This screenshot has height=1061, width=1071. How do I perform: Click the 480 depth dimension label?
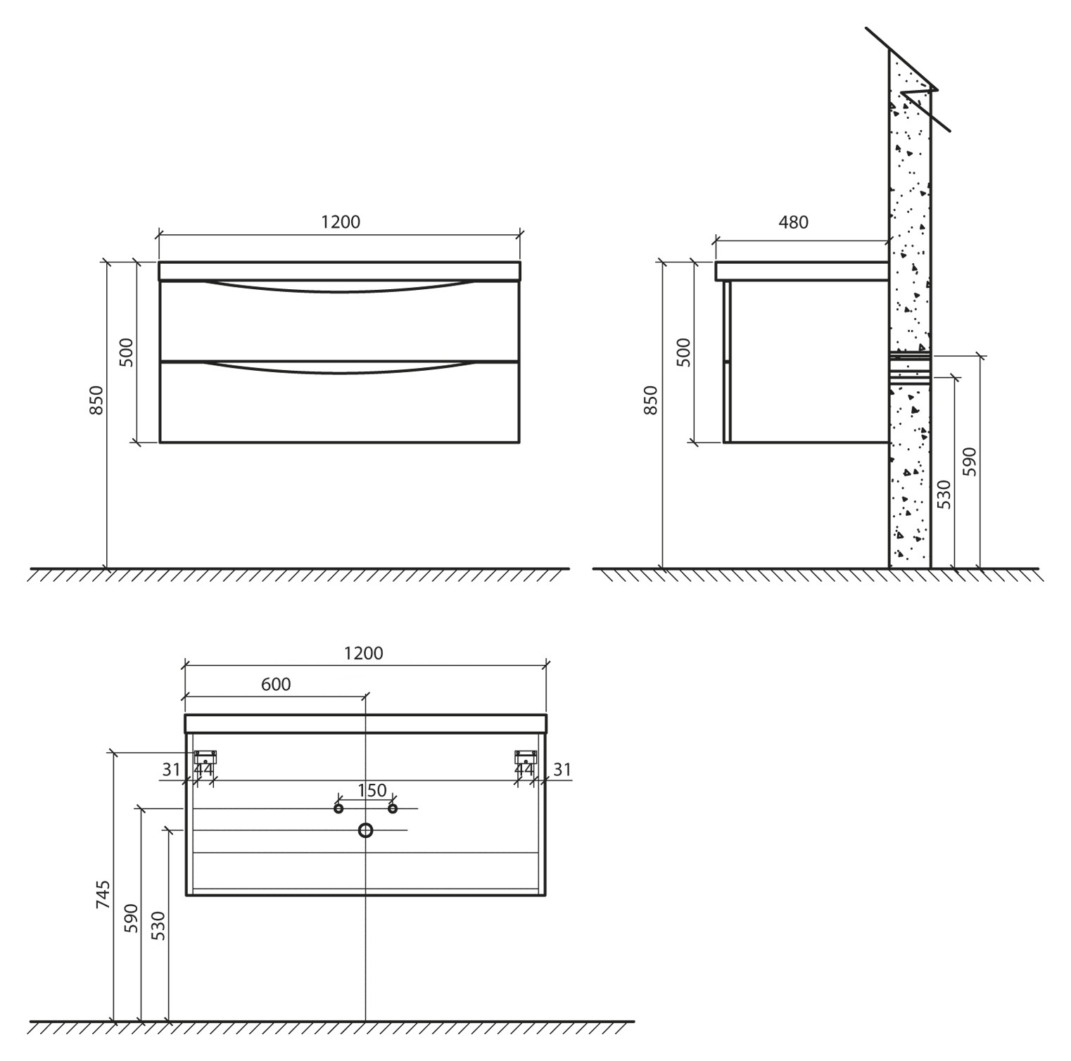pos(793,222)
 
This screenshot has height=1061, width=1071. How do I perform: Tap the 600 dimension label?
pos(276,684)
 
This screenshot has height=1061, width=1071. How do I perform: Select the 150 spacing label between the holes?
pos(372,790)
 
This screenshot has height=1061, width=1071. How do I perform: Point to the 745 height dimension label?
pos(103,894)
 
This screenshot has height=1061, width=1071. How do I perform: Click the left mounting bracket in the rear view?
pos(205,758)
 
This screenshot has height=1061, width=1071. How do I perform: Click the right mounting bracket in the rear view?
pos(526,758)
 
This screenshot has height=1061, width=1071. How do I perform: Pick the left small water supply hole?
pos(338,809)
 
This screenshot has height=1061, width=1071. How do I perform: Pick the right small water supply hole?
pos(393,809)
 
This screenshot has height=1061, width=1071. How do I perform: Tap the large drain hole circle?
pos(365,831)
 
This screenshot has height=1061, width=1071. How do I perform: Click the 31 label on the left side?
pos(171,770)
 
